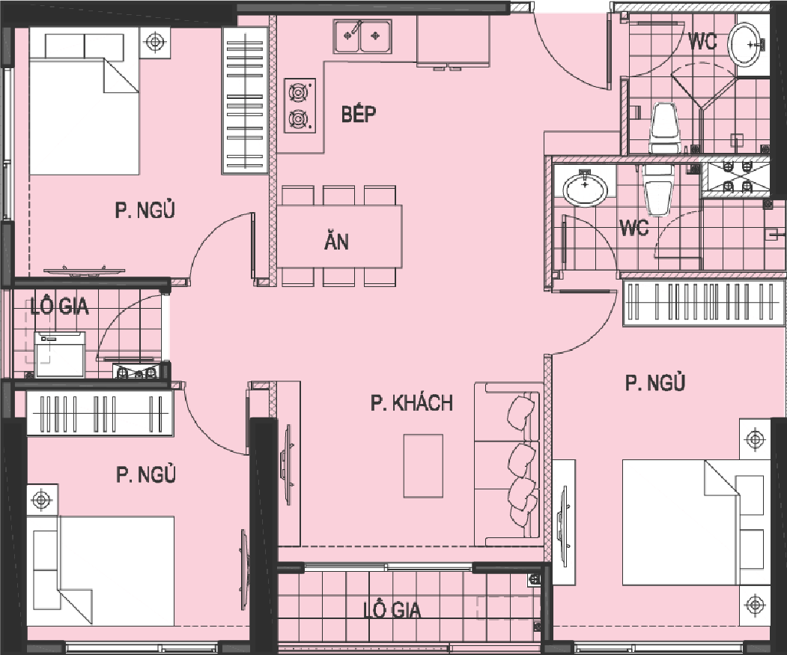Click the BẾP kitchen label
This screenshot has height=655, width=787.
tap(359, 115)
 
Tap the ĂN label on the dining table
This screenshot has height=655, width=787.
tap(336, 241)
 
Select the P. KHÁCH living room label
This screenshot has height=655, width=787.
tap(412, 403)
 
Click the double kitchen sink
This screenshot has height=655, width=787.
tap(362, 36)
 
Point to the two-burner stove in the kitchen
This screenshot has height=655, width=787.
tap(300, 106)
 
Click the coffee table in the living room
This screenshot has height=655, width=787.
tap(423, 465)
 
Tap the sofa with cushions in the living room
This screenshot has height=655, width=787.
tap(508, 464)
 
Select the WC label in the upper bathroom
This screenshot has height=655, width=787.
tap(702, 41)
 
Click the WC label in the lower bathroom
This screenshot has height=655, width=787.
tap(634, 228)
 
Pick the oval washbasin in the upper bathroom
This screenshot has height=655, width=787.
tap(746, 45)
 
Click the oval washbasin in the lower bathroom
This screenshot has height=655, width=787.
tap(586, 188)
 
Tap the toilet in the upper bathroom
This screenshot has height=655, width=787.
tap(663, 128)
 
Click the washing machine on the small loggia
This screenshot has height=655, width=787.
tap(60, 354)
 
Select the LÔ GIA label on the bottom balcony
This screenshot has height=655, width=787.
tap(392, 610)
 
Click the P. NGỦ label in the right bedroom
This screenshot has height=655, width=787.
tap(655, 383)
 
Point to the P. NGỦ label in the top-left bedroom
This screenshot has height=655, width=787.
tap(145, 210)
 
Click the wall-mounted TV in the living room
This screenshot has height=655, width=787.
tap(288, 464)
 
